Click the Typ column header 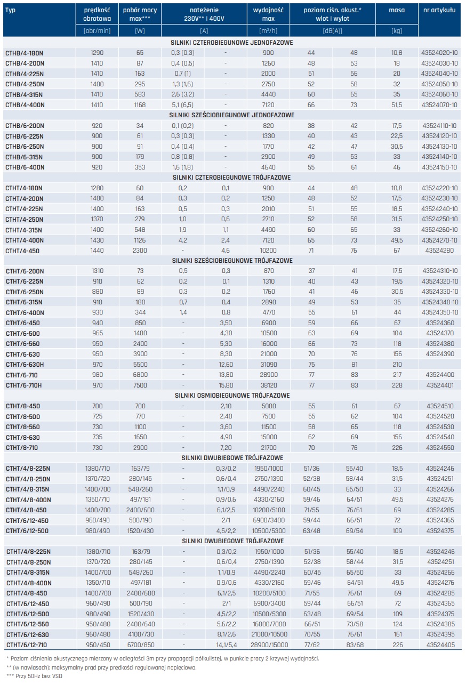11,10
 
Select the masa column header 397,10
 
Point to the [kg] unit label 397,30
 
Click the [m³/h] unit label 268,30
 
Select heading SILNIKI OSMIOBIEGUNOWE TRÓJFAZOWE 232,396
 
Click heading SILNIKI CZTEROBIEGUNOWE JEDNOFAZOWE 232,43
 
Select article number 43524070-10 439,105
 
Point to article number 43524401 439,385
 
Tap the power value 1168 140,105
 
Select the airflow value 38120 268,385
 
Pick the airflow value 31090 268,365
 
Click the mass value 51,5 397,105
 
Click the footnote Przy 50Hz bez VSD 37,676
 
